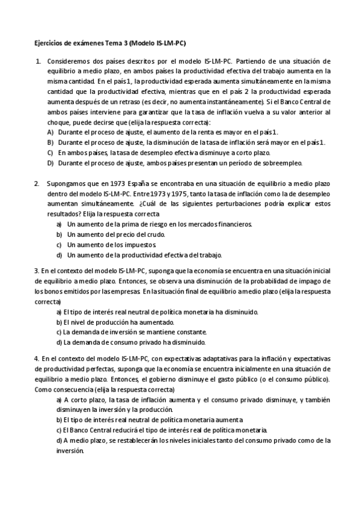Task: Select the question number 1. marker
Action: point(38,61)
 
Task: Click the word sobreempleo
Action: point(282,163)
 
